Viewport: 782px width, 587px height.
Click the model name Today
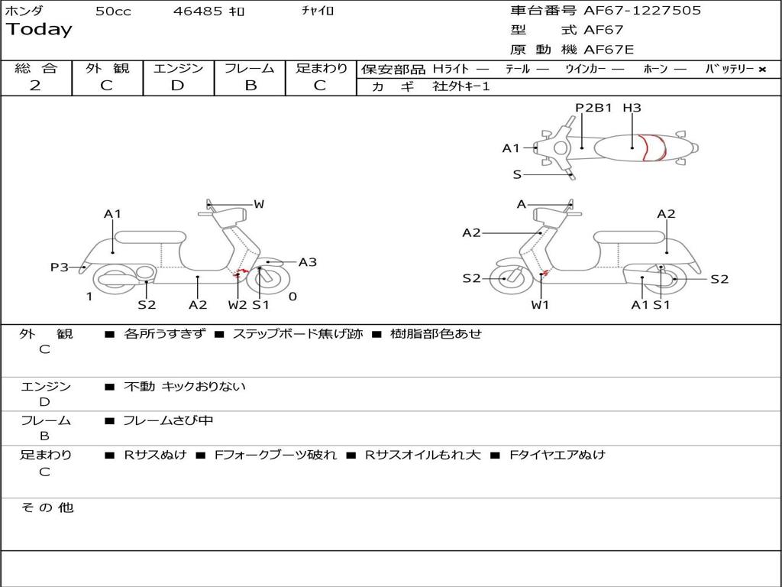pos(39,30)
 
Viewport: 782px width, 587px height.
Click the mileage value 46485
pos(199,11)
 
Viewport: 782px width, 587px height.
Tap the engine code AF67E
pos(609,50)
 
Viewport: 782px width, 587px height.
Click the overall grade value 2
pos(35,86)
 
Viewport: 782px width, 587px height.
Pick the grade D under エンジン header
pos(177,86)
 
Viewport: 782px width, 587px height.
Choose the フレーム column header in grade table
pos(250,69)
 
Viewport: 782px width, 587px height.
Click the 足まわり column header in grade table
pos(322,69)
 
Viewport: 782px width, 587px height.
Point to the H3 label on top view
pos(632,108)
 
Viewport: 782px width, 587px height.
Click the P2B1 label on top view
pos(594,108)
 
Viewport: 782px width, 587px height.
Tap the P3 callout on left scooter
pos(60,268)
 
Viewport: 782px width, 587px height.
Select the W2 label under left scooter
pos(238,305)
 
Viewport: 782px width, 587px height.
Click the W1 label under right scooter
pos(540,305)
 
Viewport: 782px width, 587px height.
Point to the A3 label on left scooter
pos(308,262)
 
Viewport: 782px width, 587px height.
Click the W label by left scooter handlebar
pos(259,204)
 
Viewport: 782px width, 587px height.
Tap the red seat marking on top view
pos(653,148)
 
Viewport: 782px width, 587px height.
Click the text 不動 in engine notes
pos(140,387)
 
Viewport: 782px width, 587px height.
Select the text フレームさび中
pos(168,420)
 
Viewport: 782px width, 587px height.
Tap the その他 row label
pos(47,508)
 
